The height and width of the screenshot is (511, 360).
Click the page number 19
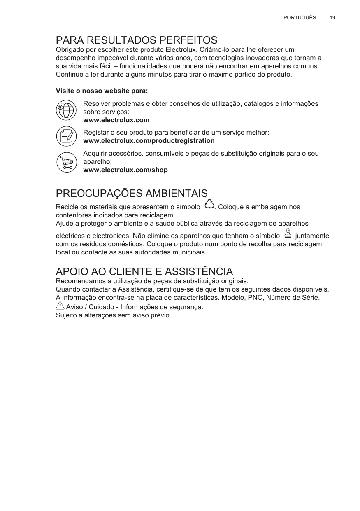332,18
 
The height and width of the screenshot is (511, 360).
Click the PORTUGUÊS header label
300,18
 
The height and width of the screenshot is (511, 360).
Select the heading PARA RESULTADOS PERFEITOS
137,40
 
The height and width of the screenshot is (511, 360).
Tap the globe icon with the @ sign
66,110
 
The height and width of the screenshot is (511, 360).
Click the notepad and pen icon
66,136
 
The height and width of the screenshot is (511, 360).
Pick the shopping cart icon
66,162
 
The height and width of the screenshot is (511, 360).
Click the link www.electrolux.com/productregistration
149,141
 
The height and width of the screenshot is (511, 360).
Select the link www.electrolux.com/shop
125,170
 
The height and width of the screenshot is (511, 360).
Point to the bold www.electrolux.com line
116,120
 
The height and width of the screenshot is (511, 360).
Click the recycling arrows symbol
209,204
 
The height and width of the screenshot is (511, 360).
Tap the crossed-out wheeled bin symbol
288,233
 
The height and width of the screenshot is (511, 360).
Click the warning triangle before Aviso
60,306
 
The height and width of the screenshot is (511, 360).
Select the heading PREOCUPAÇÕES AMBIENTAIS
132,194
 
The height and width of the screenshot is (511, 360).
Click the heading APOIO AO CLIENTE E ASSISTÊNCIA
144,272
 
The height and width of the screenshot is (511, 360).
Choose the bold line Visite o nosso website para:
102,91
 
